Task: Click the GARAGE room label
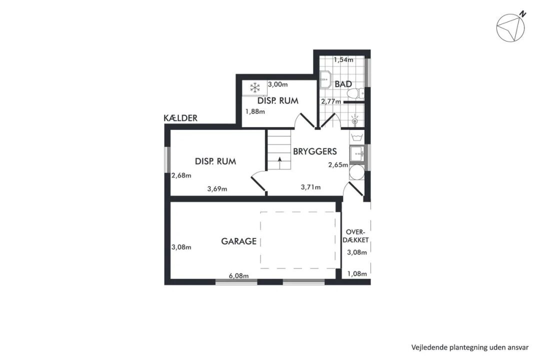coord(238,241)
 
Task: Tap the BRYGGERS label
coord(315,151)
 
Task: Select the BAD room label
coord(343,84)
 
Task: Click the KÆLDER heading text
coord(180,118)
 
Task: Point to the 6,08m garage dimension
coord(239,275)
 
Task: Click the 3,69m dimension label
coord(217,189)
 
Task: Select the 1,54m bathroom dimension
coord(343,60)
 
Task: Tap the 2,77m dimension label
coord(331,101)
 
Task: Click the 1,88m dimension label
coord(255,111)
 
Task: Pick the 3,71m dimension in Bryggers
coord(310,187)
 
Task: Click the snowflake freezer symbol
coord(255,87)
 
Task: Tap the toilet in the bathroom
coord(355,93)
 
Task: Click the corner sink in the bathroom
coord(325,80)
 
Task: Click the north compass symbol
coord(510,26)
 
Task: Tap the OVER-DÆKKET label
coord(357,235)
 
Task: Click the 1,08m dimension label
coord(357,274)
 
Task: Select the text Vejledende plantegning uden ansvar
coord(469,347)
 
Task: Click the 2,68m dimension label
coord(181,175)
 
